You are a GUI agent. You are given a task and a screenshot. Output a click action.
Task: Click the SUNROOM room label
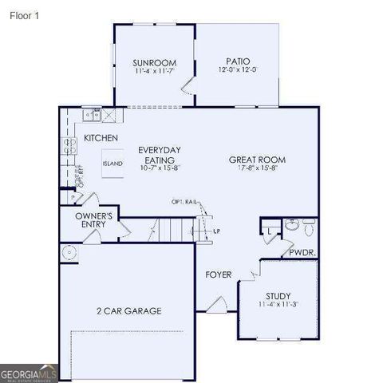(154, 63)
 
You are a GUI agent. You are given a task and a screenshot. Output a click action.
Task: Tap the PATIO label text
(238, 61)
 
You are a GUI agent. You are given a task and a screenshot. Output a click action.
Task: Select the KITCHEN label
(101, 138)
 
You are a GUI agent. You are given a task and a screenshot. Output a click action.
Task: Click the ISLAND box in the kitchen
(112, 164)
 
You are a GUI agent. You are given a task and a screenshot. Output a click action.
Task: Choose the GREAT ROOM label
(257, 160)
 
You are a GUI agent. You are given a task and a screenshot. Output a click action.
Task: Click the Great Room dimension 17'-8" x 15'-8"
(257, 168)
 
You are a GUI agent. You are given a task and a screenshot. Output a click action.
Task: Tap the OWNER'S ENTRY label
(94, 220)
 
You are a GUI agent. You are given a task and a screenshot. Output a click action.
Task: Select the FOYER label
(219, 274)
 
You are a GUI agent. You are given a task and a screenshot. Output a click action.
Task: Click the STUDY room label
(278, 295)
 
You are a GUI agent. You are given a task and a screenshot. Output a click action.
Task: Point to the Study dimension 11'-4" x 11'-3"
(278, 305)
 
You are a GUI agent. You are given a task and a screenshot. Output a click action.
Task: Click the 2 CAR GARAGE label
(129, 310)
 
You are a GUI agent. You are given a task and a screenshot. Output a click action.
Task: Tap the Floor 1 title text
(25, 14)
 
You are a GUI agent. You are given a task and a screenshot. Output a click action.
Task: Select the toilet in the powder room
(292, 225)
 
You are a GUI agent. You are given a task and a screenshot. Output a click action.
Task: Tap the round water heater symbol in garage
(69, 253)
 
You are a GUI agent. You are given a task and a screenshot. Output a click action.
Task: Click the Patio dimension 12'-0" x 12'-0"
(238, 70)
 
